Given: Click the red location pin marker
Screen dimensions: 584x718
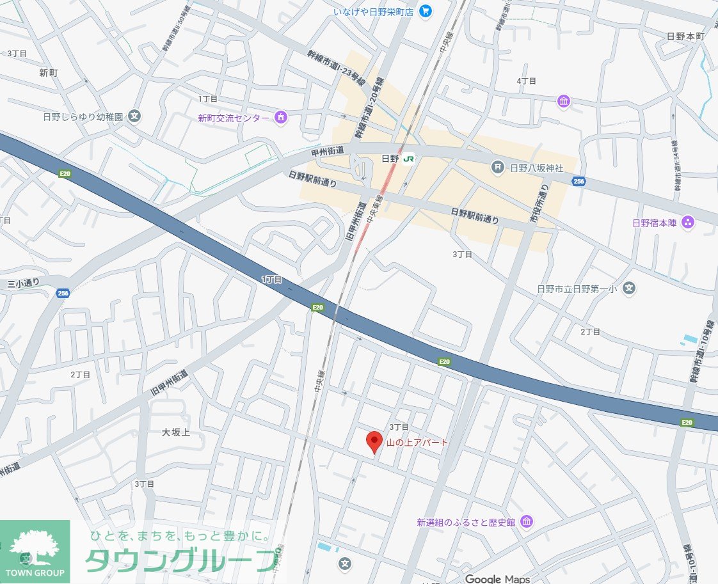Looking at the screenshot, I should pos(374,442).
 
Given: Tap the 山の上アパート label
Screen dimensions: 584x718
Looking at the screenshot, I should pos(417,443).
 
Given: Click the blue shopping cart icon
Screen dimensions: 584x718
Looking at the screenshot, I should pos(426,11).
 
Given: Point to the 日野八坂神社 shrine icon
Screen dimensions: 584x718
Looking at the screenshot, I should pos(497,168).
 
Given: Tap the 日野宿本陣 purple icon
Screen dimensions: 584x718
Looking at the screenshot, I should pos(688,223).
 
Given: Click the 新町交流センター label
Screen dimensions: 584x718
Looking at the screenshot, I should pos(234,118).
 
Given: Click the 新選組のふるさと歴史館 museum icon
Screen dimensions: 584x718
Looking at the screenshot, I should pos(526,522).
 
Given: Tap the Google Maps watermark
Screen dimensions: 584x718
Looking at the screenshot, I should pos(497,579).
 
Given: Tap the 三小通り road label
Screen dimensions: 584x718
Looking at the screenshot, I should pos(24,283).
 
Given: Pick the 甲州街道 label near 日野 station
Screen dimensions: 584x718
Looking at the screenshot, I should pos(328,150).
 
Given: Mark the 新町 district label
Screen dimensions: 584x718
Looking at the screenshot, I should pos(49,73).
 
